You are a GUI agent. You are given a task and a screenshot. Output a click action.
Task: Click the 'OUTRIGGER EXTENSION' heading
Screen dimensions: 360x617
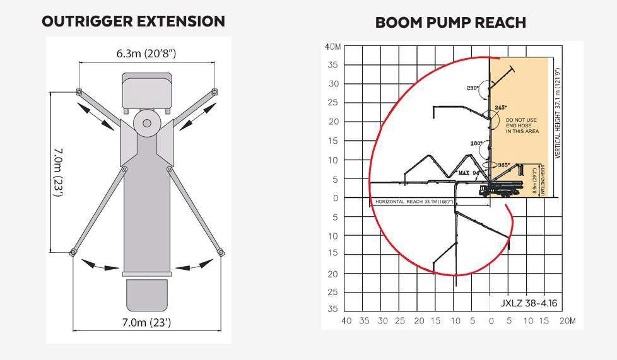(133, 21)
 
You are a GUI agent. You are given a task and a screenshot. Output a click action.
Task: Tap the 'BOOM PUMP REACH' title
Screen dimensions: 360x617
(450, 23)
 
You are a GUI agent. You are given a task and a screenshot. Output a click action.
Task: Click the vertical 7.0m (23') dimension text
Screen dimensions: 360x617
(57, 171)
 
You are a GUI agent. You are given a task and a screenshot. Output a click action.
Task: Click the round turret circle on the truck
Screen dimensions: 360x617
(146, 123)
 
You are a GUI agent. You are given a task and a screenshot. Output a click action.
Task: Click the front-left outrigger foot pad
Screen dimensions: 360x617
(79, 92)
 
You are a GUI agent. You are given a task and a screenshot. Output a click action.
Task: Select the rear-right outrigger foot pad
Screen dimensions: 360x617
(221, 253)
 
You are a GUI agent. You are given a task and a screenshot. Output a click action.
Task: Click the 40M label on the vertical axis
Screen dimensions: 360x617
(332, 46)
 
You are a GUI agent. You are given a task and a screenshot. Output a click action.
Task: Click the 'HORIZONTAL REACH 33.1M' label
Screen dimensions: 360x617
(412, 202)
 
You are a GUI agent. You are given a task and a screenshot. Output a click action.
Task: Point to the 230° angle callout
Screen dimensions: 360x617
(473, 88)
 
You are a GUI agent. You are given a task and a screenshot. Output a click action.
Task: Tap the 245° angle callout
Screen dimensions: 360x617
(501, 108)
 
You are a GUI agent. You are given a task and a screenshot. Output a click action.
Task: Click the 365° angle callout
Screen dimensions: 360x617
(503, 165)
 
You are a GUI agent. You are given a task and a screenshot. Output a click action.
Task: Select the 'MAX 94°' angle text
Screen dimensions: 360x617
(469, 171)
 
